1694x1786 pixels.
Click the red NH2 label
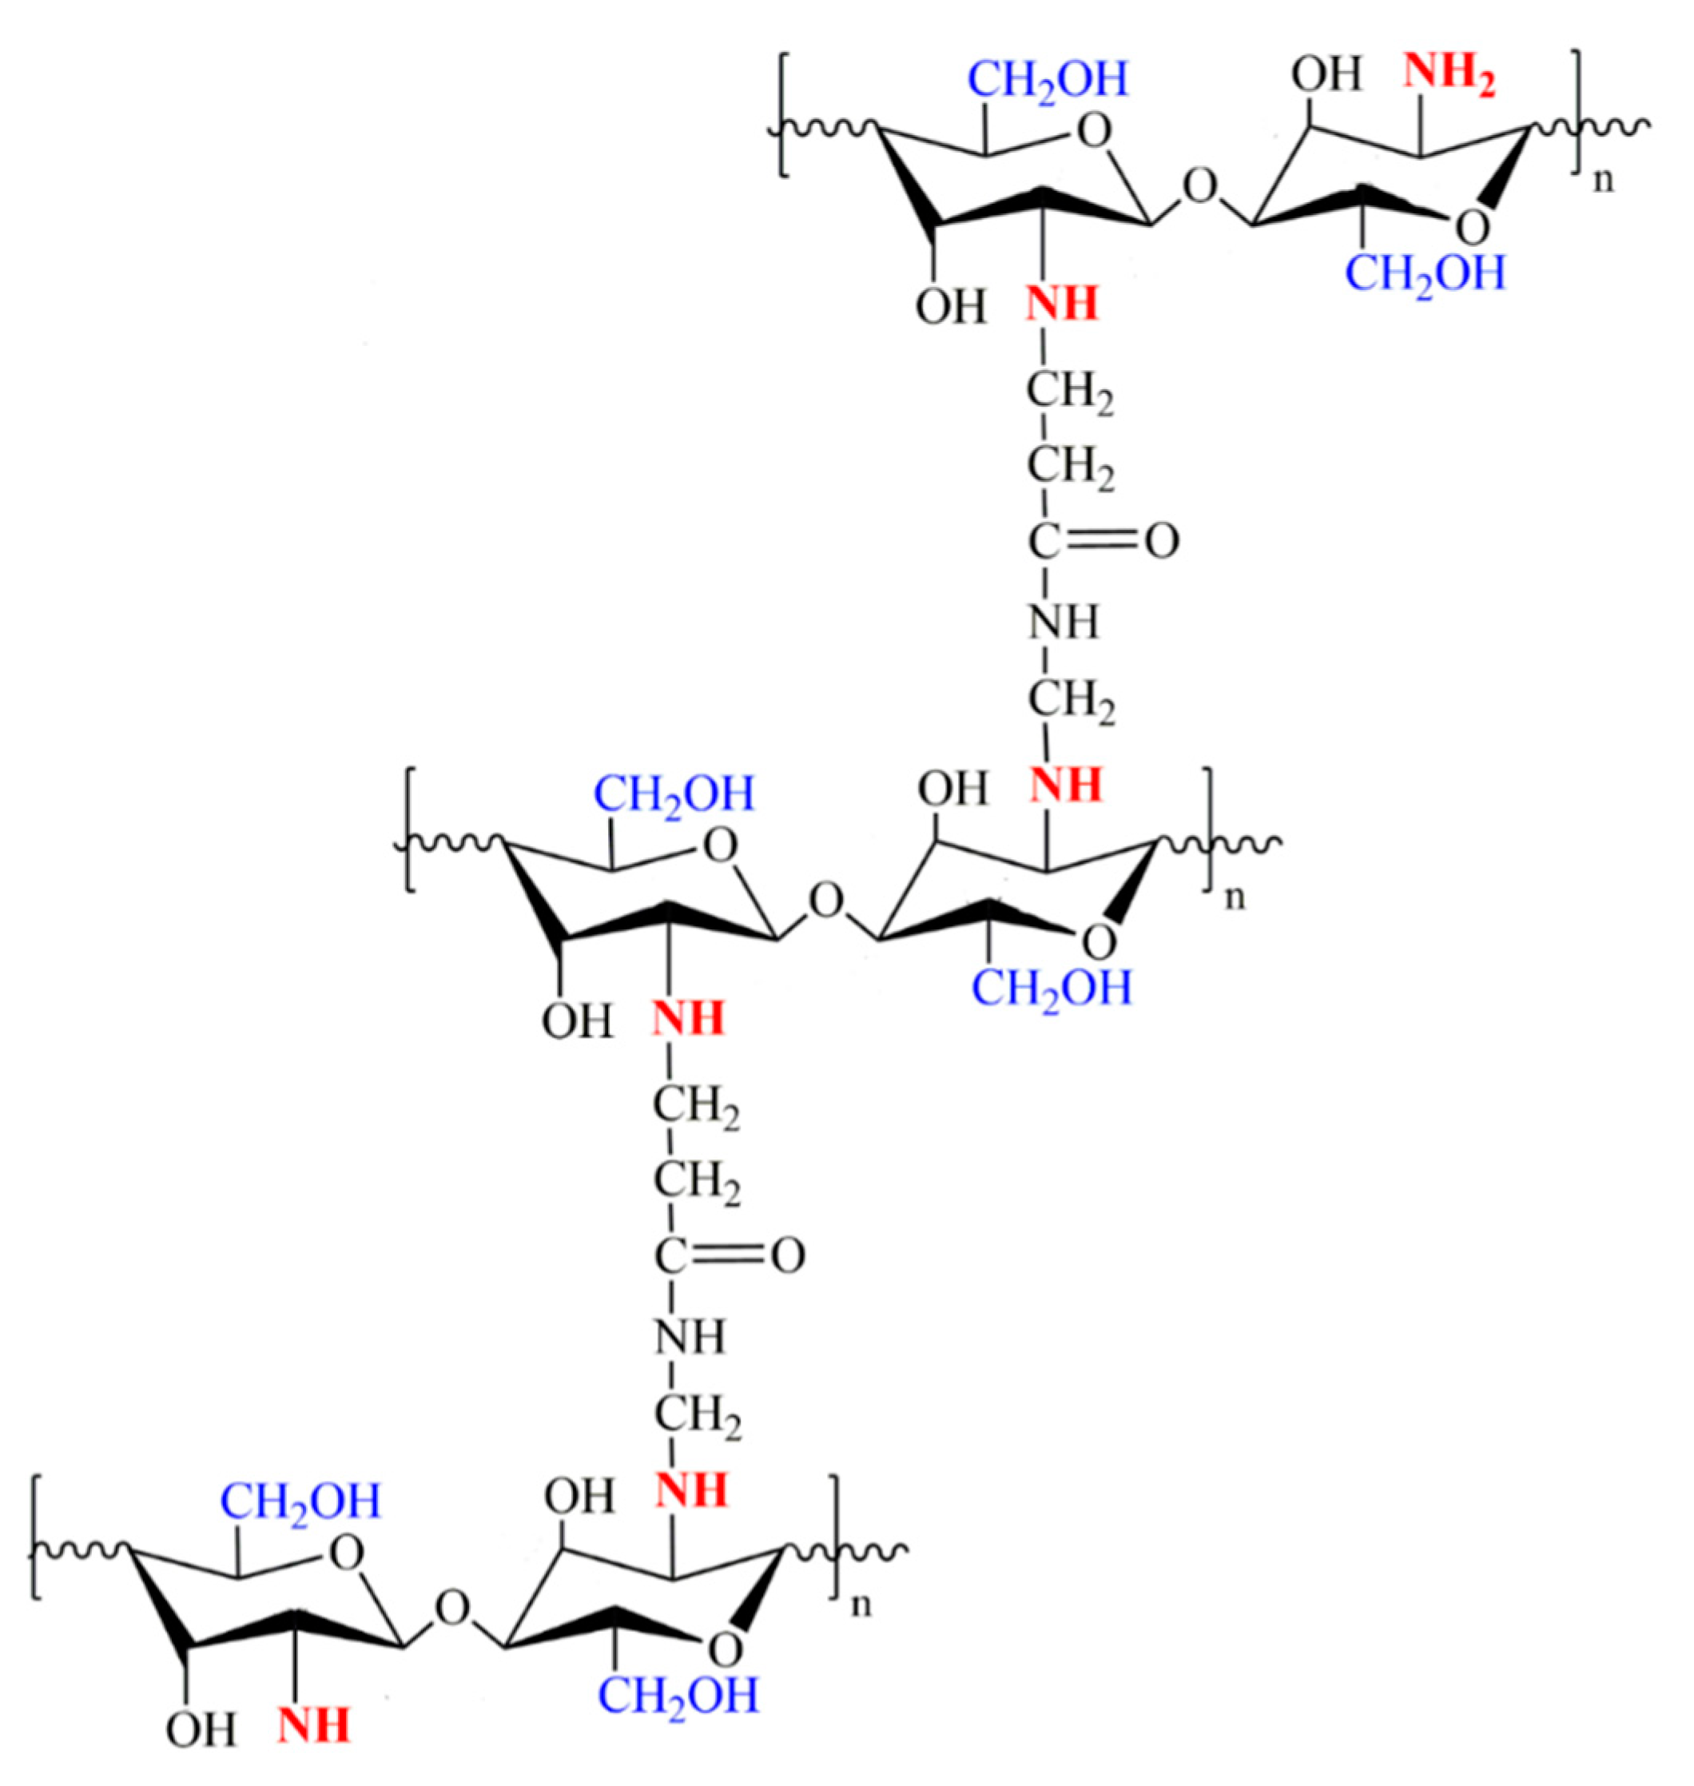(1449, 74)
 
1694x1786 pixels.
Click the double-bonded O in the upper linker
(1161, 543)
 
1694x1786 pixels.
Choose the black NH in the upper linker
(1064, 623)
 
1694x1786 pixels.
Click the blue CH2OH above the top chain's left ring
(1048, 79)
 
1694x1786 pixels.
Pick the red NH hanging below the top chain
(1062, 305)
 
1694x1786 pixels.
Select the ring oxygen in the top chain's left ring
(1096, 133)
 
